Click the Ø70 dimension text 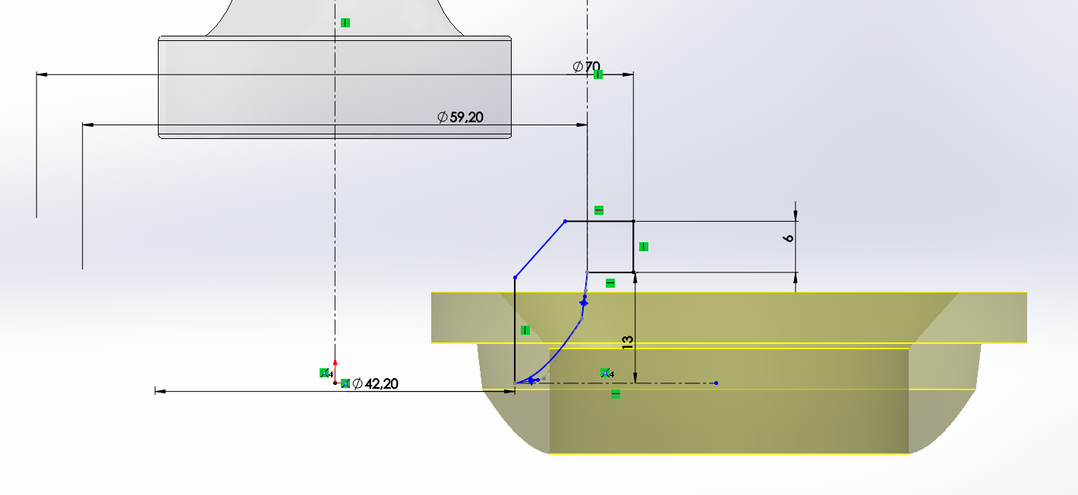pyautogui.click(x=586, y=67)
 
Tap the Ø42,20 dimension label pyautogui.click(x=375, y=384)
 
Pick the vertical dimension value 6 pyautogui.click(x=789, y=238)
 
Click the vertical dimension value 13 pyautogui.click(x=628, y=342)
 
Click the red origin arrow pyautogui.click(x=335, y=363)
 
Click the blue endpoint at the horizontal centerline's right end pyautogui.click(x=716, y=383)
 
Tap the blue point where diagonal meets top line pyautogui.click(x=566, y=222)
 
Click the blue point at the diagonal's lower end pyautogui.click(x=515, y=277)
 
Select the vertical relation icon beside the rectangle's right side pyautogui.click(x=644, y=246)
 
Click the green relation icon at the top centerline pyautogui.click(x=345, y=23)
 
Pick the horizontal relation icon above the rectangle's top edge pyautogui.click(x=598, y=210)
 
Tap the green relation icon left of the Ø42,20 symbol pyautogui.click(x=345, y=383)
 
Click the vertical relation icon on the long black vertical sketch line pyautogui.click(x=525, y=330)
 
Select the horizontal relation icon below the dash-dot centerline pyautogui.click(x=616, y=393)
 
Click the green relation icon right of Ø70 pyautogui.click(x=598, y=74)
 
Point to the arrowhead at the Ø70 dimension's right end pyautogui.click(x=629, y=74)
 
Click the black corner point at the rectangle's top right pyautogui.click(x=634, y=222)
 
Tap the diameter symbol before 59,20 pyautogui.click(x=443, y=117)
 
